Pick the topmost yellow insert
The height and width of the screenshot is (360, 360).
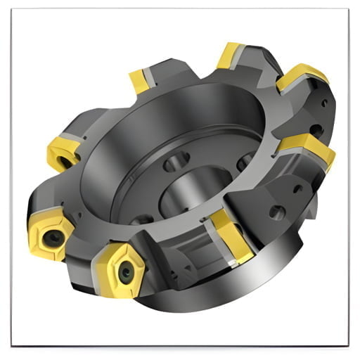pyautogui.click(x=230, y=57)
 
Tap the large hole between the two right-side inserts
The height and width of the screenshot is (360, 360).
pyautogui.click(x=318, y=129)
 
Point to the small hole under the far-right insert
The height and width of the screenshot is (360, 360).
pyautogui.click(x=299, y=188)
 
